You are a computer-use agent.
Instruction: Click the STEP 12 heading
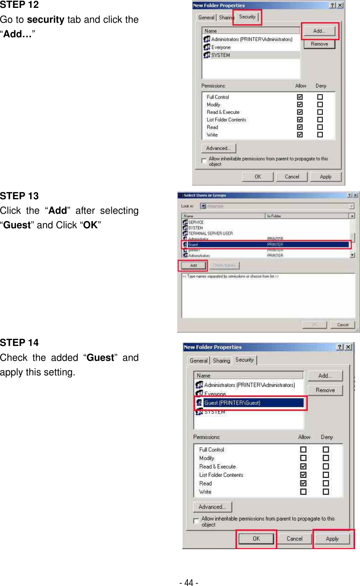(x=19, y=5)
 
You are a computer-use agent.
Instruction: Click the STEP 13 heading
(x=19, y=196)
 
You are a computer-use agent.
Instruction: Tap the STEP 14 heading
(x=19, y=342)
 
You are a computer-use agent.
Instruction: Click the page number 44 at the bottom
(x=189, y=582)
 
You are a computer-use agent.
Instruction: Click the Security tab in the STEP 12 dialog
(x=247, y=17)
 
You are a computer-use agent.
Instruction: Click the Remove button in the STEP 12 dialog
(x=319, y=44)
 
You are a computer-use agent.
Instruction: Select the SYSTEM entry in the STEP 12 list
(x=220, y=55)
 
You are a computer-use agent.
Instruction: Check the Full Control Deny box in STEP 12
(x=320, y=97)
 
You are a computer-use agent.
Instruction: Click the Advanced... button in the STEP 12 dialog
(x=218, y=148)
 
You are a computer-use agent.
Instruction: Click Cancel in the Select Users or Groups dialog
(x=343, y=325)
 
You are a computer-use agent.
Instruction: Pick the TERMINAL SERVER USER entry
(x=210, y=233)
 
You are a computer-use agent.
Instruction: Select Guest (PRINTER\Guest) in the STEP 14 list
(x=232, y=403)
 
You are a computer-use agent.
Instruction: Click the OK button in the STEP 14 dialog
(x=256, y=539)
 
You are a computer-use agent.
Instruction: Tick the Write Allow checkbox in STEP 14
(x=303, y=492)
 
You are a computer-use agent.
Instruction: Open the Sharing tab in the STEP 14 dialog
(x=221, y=360)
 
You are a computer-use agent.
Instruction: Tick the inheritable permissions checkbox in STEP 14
(x=196, y=521)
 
